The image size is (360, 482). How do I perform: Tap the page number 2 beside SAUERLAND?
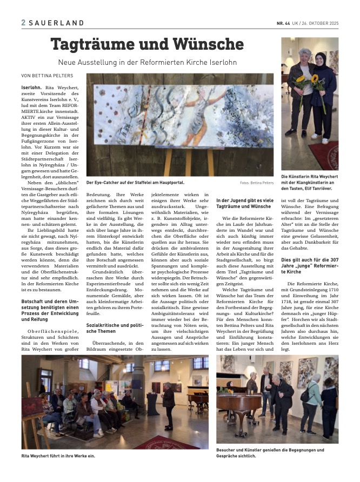point(23,23)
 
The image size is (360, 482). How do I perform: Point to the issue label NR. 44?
point(284,23)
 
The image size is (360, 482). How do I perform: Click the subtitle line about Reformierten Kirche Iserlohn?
point(147,63)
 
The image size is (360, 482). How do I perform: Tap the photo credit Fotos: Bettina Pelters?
point(256,183)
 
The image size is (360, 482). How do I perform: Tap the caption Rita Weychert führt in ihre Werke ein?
point(58,456)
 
